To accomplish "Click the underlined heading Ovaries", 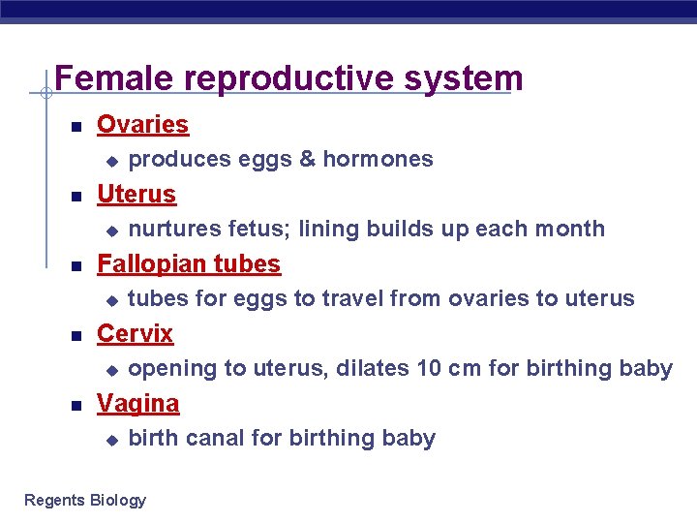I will tap(142, 125).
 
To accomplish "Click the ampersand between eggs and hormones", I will tap(307, 159).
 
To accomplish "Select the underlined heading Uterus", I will tap(136, 195).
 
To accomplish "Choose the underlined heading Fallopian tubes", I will tap(189, 264).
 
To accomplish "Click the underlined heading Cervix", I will tap(135, 334).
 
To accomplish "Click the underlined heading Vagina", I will tap(137, 404).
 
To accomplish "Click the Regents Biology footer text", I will tap(85, 500).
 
